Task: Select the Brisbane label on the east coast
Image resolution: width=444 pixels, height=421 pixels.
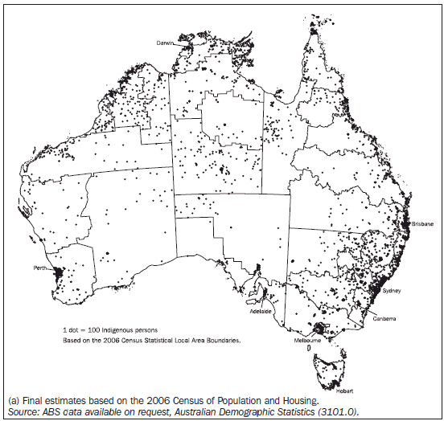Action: click(x=421, y=224)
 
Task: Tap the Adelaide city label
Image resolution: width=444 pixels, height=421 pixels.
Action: click(x=261, y=310)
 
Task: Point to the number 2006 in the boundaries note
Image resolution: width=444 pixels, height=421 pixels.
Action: click(x=105, y=341)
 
